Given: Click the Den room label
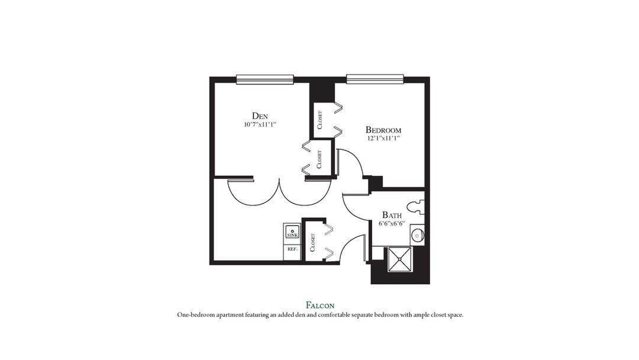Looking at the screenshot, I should [260, 115].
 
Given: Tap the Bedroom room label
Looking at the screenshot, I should [383, 130].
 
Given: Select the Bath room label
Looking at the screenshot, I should [392, 215].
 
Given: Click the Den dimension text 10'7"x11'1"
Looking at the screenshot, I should [260, 124].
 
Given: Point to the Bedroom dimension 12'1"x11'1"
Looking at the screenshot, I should [383, 139].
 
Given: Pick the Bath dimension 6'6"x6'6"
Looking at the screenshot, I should [392, 224].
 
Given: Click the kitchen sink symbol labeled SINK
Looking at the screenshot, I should [292, 232].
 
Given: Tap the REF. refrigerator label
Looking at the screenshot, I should [292, 249].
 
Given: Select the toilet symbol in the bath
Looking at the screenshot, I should [419, 206].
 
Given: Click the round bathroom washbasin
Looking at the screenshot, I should [417, 236].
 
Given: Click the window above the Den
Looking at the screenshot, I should [265, 79].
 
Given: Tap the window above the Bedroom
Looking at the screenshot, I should [375, 79].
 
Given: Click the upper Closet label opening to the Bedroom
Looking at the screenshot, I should [319, 120].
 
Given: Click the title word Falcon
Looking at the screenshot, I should [319, 305].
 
